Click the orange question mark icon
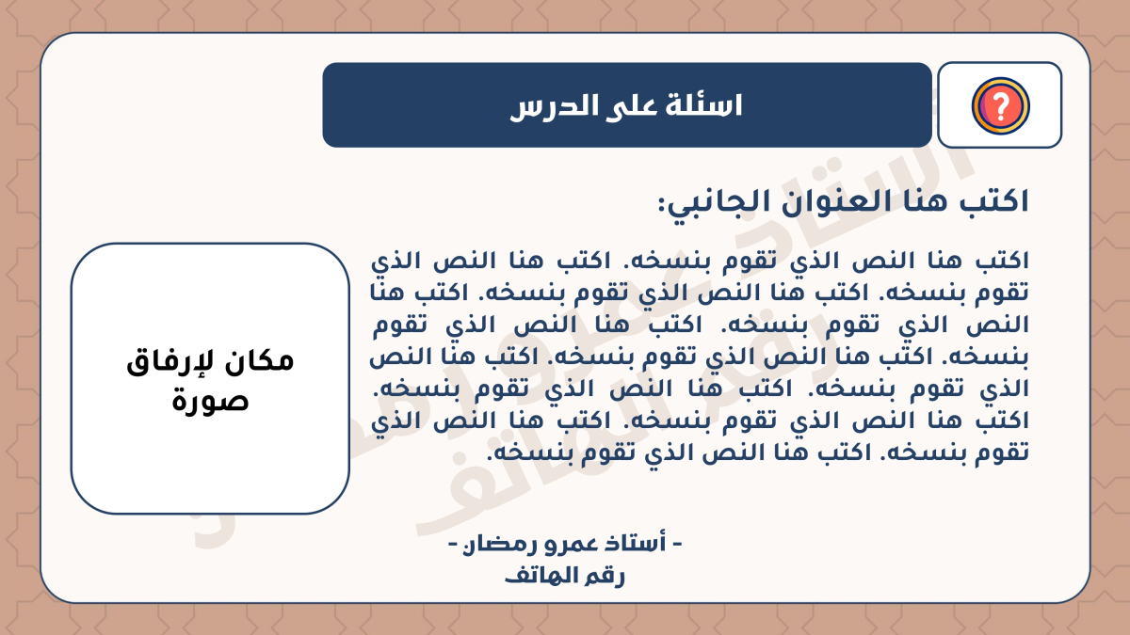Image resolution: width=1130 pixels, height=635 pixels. (x=1000, y=105)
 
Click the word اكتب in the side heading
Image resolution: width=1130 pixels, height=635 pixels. (x=995, y=200)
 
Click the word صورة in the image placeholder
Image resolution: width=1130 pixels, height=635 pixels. (x=211, y=401)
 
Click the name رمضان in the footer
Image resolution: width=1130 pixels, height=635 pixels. (x=500, y=544)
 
